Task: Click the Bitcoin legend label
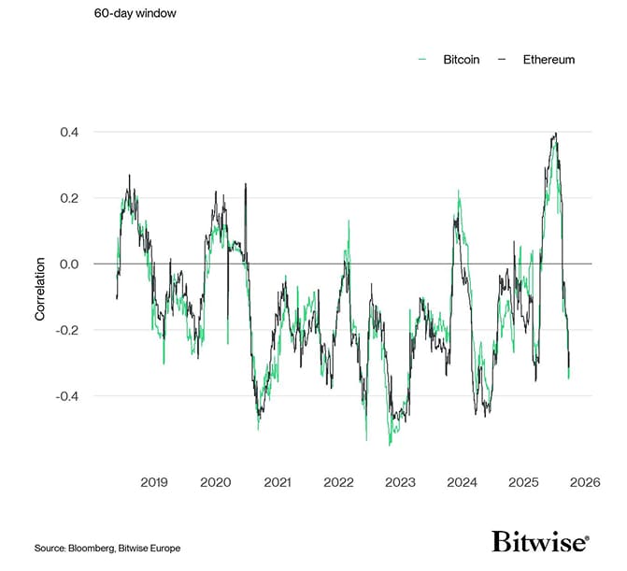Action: (462, 60)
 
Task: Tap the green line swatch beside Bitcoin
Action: (422, 60)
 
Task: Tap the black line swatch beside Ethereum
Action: (502, 60)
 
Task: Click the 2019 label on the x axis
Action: (154, 482)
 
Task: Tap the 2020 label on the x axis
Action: (216, 482)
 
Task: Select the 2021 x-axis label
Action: (278, 482)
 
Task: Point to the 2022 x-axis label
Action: (338, 482)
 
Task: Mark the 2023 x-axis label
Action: (400, 482)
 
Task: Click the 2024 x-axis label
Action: (462, 482)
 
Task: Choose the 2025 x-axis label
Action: (523, 482)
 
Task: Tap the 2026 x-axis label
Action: (584, 482)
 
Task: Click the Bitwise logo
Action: (540, 542)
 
